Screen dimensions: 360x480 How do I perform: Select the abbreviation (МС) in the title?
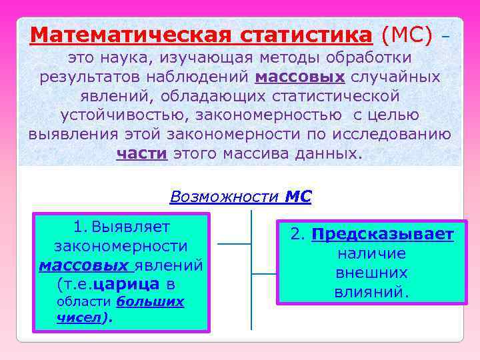tap(407, 34)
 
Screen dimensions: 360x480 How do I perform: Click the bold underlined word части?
tap(142, 154)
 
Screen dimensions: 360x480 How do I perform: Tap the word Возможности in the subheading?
tap(224, 197)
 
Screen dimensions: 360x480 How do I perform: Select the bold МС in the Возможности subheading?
tap(298, 197)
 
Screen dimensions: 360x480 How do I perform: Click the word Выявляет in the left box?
tap(131, 227)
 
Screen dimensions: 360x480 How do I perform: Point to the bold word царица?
tap(127, 285)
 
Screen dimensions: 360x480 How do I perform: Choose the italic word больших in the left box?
tap(150, 302)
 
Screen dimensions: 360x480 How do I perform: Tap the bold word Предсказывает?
tap(383, 235)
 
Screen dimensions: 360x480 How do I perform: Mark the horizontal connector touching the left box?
tap(234, 244)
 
